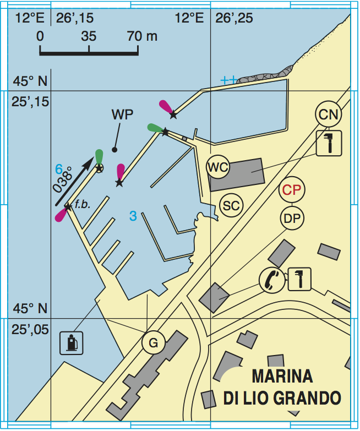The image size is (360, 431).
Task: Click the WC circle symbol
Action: pyautogui.click(x=218, y=168)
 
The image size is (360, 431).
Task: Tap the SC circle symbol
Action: pyautogui.click(x=231, y=205)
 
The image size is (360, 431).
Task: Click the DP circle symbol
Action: pyautogui.click(x=291, y=218)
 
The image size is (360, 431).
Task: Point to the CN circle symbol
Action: pyautogui.click(x=329, y=114)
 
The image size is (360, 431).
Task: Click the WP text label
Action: pyautogui.click(x=122, y=115)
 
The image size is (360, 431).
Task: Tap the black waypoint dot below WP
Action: pyautogui.click(x=114, y=150)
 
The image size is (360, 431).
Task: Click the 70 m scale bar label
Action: pyautogui.click(x=142, y=37)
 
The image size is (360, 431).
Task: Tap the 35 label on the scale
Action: pyautogui.click(x=88, y=37)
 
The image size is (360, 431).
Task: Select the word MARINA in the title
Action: pyautogui.click(x=282, y=377)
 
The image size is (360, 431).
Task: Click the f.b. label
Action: pyautogui.click(x=83, y=204)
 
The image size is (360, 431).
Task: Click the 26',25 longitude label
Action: pyautogui.click(x=234, y=19)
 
